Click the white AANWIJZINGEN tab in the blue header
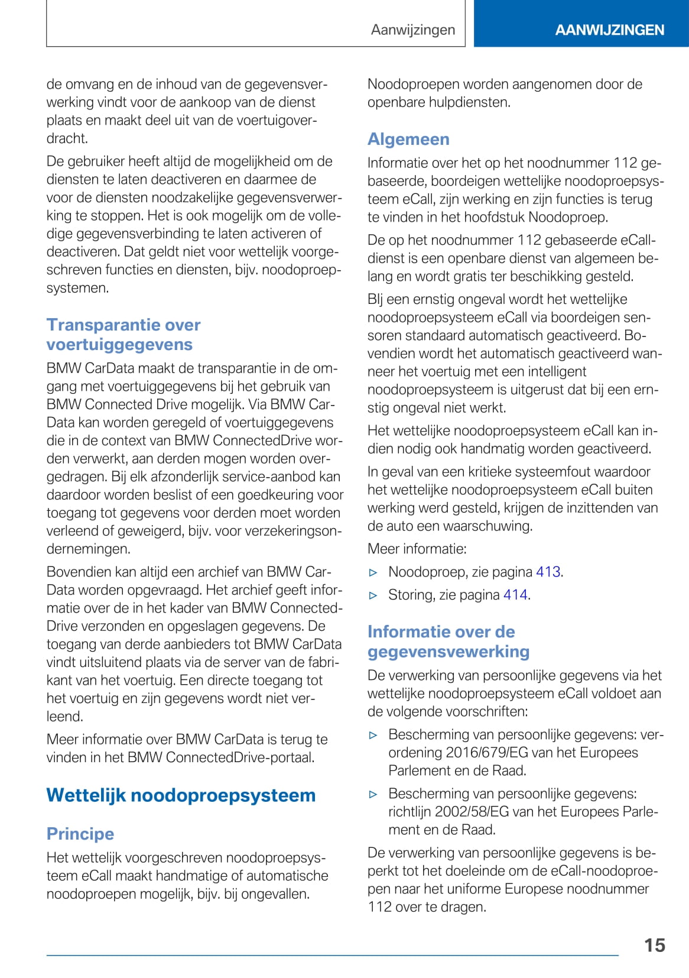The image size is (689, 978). (x=609, y=30)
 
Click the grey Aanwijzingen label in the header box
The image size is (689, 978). (x=413, y=30)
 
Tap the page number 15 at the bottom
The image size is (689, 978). (x=654, y=945)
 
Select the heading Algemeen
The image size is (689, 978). (x=408, y=139)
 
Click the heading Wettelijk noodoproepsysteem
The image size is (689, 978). (x=181, y=795)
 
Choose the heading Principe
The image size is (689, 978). (x=80, y=834)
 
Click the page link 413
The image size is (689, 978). (x=548, y=572)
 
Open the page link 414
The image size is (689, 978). (x=515, y=595)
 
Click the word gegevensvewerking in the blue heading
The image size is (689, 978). (x=448, y=652)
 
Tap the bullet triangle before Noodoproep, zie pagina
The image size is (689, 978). (x=373, y=572)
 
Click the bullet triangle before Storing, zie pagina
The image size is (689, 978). (x=373, y=595)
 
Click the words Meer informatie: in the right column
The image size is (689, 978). (x=417, y=549)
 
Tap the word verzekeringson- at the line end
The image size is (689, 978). (x=291, y=531)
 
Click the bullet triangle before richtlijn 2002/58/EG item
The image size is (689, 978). (x=373, y=794)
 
